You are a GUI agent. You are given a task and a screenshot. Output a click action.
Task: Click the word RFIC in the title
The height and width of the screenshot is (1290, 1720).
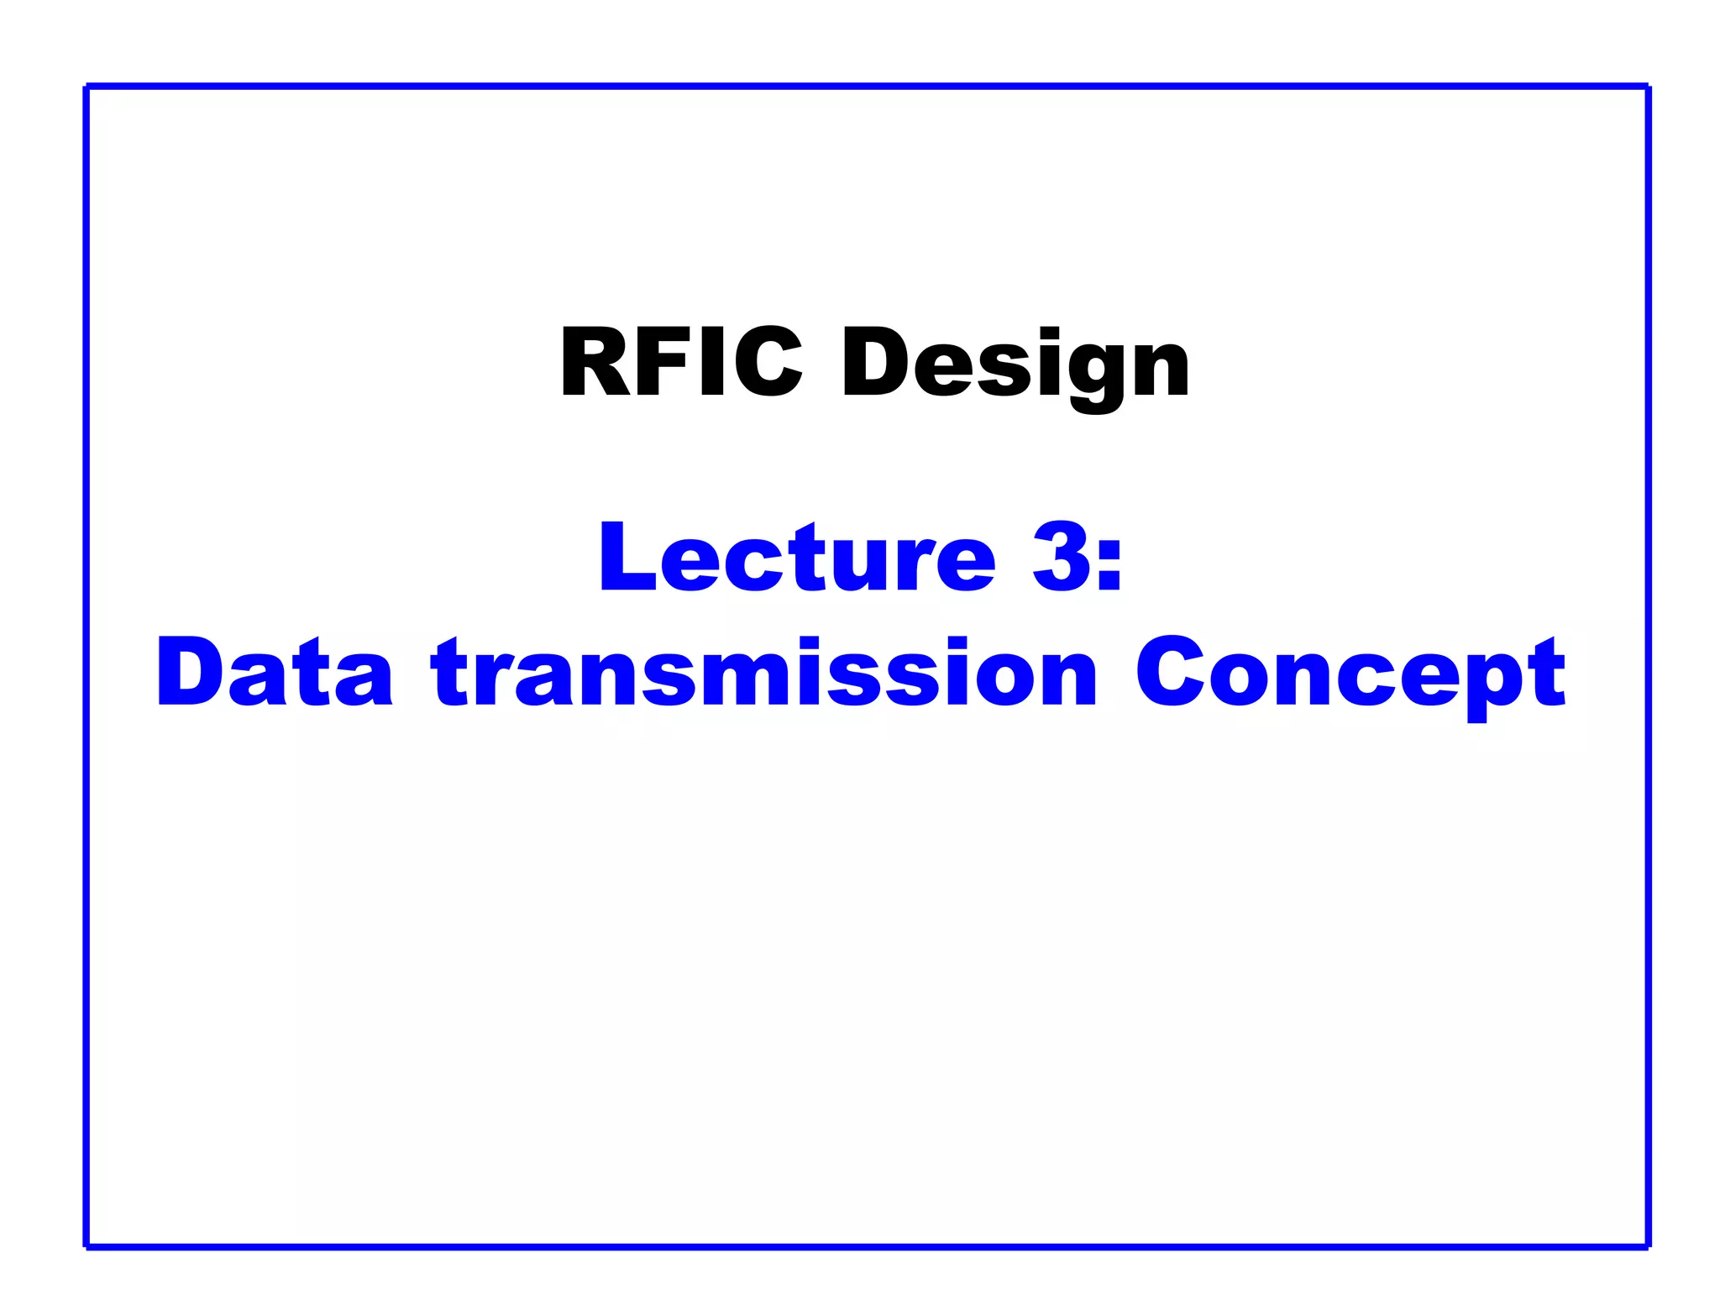pyautogui.click(x=680, y=363)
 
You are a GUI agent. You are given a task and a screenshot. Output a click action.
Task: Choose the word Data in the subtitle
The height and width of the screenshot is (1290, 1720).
pyautogui.click(x=274, y=673)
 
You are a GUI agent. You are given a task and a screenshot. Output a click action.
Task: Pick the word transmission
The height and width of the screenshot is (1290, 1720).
pyautogui.click(x=764, y=673)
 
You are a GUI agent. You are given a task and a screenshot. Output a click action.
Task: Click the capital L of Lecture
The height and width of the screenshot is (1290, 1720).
pyautogui.click(x=626, y=558)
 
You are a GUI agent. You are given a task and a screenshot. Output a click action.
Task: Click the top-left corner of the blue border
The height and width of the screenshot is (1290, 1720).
pyautogui.click(x=87, y=87)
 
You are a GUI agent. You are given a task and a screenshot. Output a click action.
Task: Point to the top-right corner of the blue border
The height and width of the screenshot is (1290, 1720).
pyautogui.click(x=1648, y=87)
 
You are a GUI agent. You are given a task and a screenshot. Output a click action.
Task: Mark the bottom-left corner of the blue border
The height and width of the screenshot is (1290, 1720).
pyautogui.click(x=87, y=1246)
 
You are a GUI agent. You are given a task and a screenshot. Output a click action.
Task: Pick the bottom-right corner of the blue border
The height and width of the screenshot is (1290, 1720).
pyautogui.click(x=1648, y=1246)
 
